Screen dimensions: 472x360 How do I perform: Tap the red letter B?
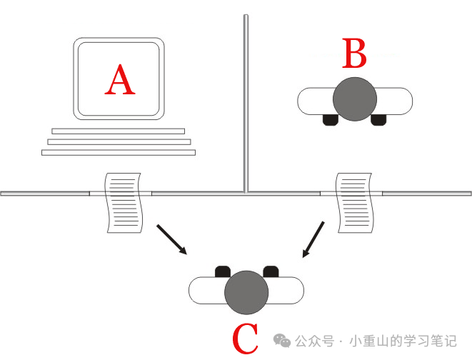tap(354, 54)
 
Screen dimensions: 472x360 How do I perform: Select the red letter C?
tap(246, 340)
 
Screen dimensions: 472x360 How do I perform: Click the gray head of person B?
tap(355, 98)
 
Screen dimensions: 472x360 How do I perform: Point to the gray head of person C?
tap(246, 292)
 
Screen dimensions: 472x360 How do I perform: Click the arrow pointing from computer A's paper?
tap(172, 240)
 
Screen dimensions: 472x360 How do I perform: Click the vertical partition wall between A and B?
tap(246, 100)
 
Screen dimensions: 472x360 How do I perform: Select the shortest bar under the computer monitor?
tap(118, 131)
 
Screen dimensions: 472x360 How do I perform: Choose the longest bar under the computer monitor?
tap(118, 152)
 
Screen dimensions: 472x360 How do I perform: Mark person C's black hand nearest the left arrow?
tap(222, 271)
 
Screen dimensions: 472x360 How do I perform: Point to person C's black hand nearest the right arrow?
tap(270, 271)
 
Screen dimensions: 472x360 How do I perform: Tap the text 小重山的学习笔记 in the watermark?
tap(404, 341)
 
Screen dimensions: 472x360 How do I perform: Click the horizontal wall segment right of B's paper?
tap(426, 193)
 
